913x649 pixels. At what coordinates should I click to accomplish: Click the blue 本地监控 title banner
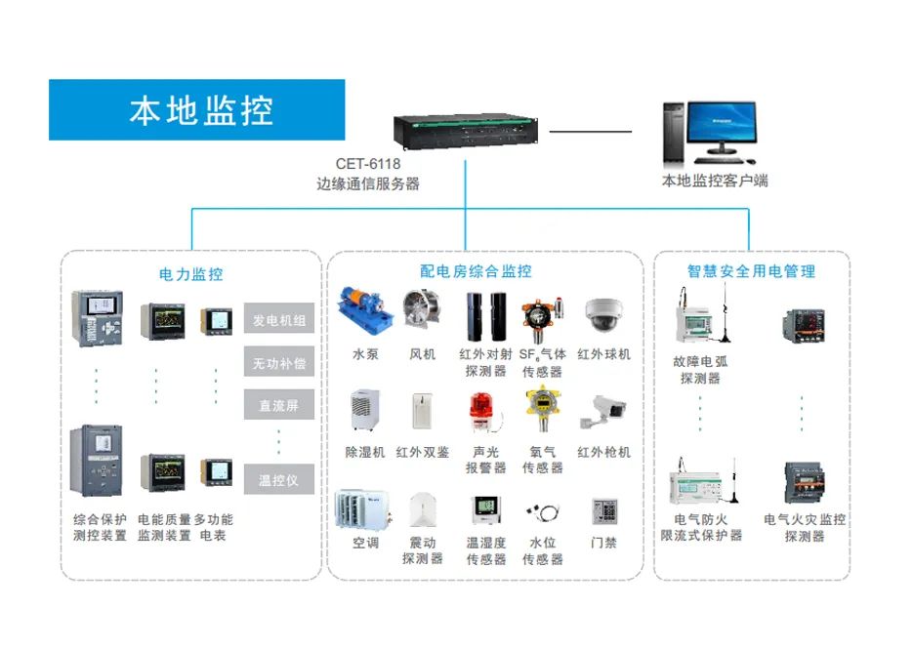(197, 109)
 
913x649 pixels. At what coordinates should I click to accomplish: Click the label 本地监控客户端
(715, 181)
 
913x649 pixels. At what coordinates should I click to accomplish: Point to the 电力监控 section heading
(191, 273)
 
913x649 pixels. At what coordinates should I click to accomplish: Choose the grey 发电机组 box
(279, 320)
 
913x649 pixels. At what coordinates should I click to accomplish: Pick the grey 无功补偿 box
(279, 363)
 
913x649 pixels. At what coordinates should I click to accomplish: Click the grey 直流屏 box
(279, 405)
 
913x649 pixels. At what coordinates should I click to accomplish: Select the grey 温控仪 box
(279, 480)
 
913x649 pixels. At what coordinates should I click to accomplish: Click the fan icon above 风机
(422, 312)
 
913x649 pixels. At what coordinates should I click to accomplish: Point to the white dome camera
(602, 314)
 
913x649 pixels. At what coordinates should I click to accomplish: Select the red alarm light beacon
(482, 411)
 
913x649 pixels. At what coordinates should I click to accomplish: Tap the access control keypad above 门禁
(602, 511)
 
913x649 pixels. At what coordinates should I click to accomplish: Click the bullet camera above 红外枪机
(602, 412)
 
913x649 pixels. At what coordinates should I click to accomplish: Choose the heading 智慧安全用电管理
(751, 271)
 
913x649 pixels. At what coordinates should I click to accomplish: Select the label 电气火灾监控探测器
(805, 528)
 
